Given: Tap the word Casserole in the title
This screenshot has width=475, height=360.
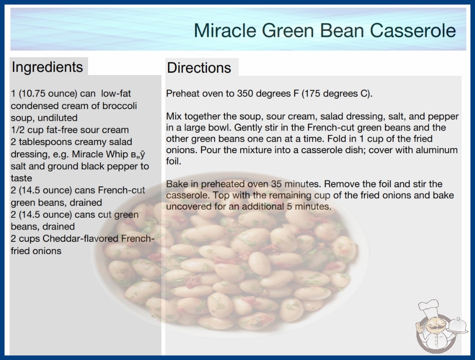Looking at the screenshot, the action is [413, 30].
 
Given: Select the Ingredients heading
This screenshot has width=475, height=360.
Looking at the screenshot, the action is [47, 67].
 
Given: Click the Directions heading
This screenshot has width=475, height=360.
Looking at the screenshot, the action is [199, 68].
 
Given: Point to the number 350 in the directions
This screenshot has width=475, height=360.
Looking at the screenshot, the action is [246, 94].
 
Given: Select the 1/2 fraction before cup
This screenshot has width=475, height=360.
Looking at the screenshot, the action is [16, 130].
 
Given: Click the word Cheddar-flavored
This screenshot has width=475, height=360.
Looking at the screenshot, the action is [80, 239].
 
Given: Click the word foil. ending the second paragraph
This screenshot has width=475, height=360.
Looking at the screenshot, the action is [173, 161].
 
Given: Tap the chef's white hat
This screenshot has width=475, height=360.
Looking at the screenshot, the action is [430, 307].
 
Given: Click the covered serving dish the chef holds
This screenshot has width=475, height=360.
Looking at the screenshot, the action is [458, 325].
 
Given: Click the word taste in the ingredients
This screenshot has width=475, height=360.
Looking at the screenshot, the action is [21, 178].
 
